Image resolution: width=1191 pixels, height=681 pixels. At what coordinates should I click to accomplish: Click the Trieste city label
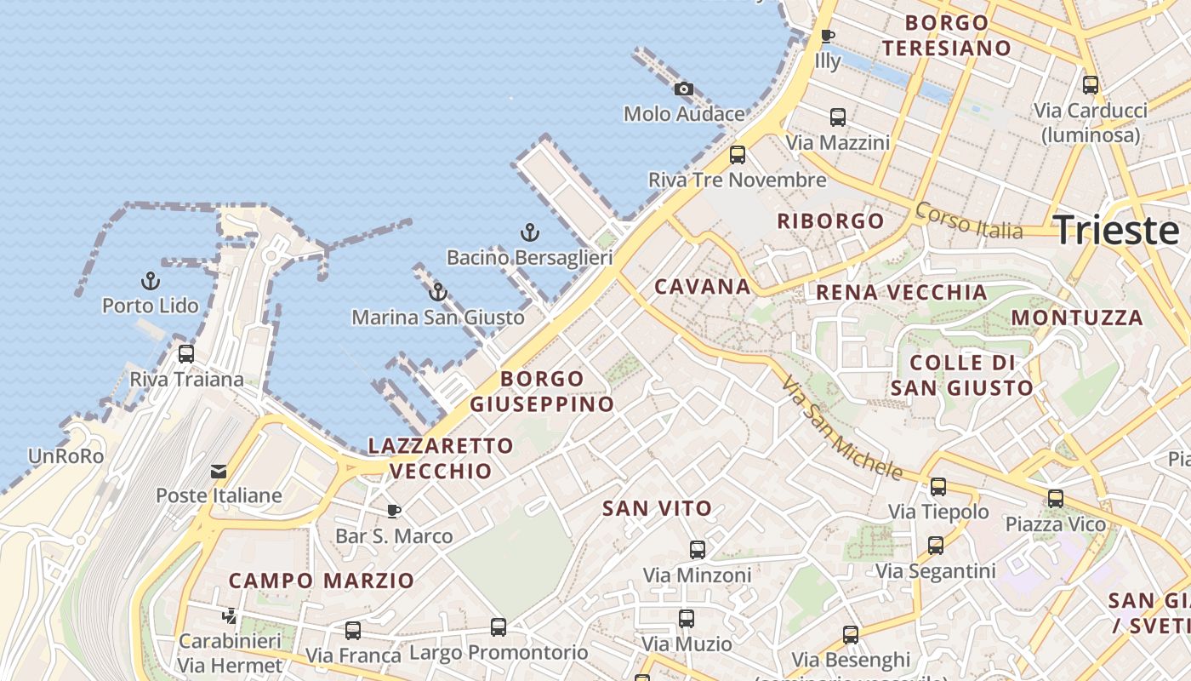click(x=1115, y=231)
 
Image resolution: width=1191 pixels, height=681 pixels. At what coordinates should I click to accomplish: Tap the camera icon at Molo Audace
click(x=683, y=89)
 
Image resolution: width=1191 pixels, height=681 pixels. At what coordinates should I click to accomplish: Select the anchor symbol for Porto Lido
click(x=151, y=281)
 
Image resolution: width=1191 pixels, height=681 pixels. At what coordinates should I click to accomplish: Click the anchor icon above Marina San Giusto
click(x=438, y=293)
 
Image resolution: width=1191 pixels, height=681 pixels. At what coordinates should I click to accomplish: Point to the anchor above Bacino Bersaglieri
click(x=530, y=232)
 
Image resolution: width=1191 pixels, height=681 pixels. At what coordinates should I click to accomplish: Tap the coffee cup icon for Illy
click(x=827, y=37)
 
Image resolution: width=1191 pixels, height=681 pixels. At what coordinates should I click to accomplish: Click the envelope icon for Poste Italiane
click(x=219, y=472)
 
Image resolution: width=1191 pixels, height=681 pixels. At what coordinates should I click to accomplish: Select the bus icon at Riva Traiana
click(x=186, y=354)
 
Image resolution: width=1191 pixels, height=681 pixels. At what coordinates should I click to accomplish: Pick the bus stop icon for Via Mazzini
click(x=838, y=117)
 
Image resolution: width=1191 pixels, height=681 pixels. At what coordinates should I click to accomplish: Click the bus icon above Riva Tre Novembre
click(x=738, y=155)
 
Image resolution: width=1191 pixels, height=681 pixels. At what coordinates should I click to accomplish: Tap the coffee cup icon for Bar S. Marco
click(x=394, y=512)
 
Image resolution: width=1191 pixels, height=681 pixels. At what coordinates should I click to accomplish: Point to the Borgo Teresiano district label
click(x=946, y=36)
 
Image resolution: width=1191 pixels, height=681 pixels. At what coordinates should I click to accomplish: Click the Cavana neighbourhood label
click(x=703, y=287)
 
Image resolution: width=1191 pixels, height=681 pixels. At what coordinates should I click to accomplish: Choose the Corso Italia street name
click(x=969, y=220)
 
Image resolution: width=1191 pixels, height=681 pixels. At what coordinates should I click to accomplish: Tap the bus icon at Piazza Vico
click(x=1056, y=499)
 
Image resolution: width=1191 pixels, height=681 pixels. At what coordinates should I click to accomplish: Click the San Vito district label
click(x=657, y=509)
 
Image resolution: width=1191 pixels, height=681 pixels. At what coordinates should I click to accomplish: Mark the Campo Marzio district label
click(x=322, y=581)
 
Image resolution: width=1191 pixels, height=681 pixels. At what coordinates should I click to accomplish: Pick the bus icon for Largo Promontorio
click(x=499, y=628)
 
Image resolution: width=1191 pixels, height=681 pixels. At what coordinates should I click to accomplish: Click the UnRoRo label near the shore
click(x=66, y=457)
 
